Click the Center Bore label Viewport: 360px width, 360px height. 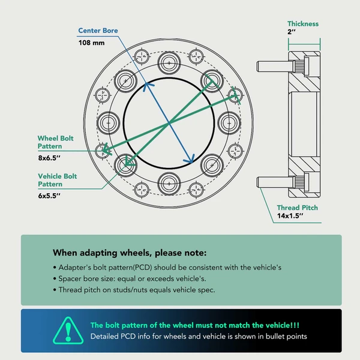(x=98, y=31)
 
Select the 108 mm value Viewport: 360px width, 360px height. (x=91, y=43)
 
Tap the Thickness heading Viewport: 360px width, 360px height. (x=303, y=24)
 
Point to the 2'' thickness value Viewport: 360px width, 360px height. (x=292, y=32)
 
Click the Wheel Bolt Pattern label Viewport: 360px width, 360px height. (x=56, y=142)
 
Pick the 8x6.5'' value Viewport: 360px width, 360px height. (x=49, y=158)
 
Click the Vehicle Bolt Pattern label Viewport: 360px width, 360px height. (x=58, y=180)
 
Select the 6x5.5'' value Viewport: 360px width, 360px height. (x=49, y=196)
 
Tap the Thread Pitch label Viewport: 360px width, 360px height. (x=298, y=208)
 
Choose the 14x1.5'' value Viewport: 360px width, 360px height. (x=290, y=216)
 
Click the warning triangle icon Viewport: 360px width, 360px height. (x=68, y=331)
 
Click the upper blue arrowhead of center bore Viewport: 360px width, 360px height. (x=147, y=86)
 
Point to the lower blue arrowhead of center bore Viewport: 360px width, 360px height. (x=190, y=160)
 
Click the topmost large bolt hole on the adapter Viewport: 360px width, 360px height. (x=169, y=62)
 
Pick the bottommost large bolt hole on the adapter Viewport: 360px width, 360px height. (x=169, y=184)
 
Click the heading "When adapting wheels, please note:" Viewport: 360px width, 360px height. (x=130, y=253)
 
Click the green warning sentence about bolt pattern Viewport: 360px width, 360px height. (x=195, y=325)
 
